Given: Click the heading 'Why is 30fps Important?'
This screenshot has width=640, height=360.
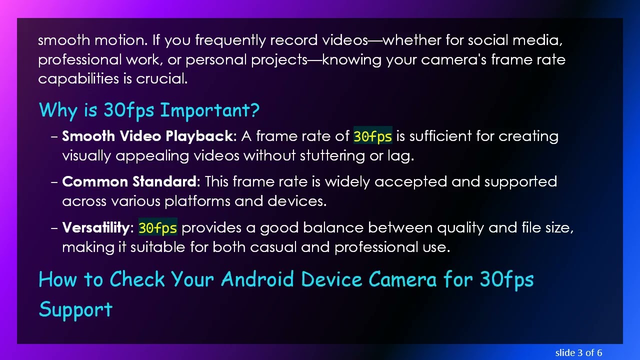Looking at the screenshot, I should pos(149,110).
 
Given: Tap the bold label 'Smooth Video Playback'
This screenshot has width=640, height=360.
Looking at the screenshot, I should pos(147,136).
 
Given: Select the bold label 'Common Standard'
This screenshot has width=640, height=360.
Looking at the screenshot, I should pos(129,181).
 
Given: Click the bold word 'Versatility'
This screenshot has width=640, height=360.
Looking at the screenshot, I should pos(95,228).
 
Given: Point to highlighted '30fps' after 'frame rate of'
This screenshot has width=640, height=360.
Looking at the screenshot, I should pos(372,136).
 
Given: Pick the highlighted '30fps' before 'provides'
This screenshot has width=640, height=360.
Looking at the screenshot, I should pos(157,228).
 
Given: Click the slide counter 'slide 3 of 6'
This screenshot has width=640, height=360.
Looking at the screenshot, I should pos(578,352).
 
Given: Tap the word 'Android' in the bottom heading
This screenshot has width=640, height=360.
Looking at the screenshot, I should pos(257,279).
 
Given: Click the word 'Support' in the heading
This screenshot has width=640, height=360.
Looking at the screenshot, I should pos(75,309).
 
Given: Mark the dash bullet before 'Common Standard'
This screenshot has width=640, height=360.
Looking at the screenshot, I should pos(54,182).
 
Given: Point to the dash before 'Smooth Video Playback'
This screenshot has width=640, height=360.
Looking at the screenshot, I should pos(54,136).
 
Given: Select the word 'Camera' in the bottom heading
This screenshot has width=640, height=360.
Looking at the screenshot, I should pos(402,279).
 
